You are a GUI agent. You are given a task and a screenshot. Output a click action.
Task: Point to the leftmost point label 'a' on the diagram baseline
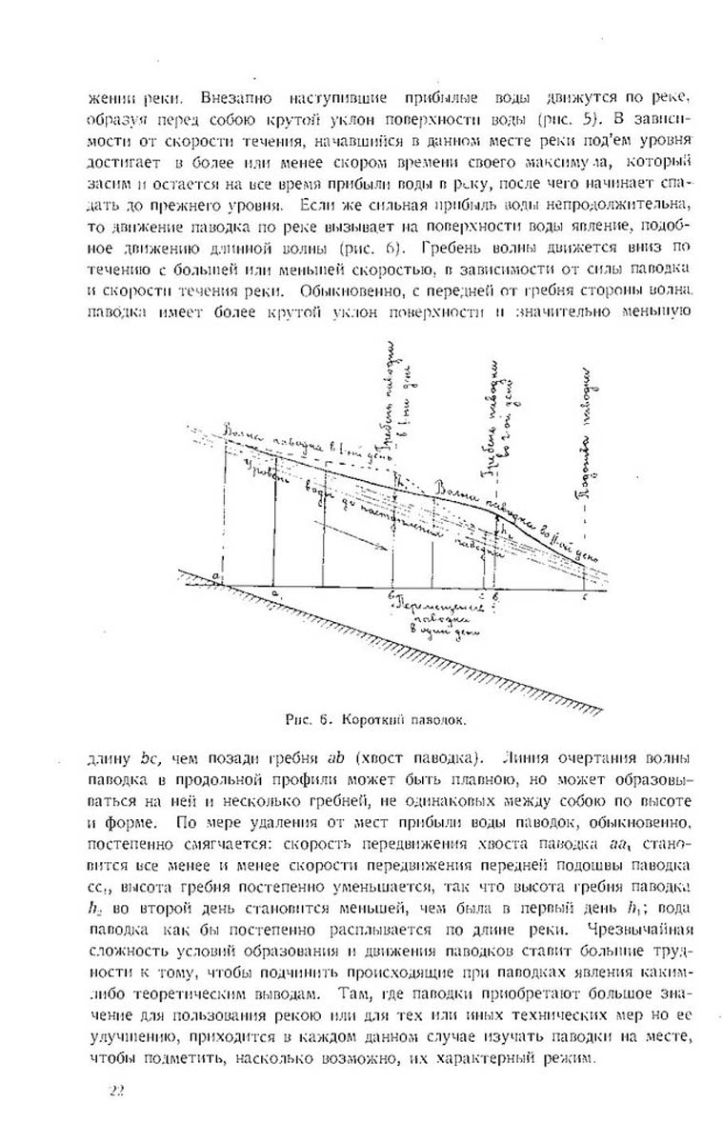[x=217, y=578]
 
